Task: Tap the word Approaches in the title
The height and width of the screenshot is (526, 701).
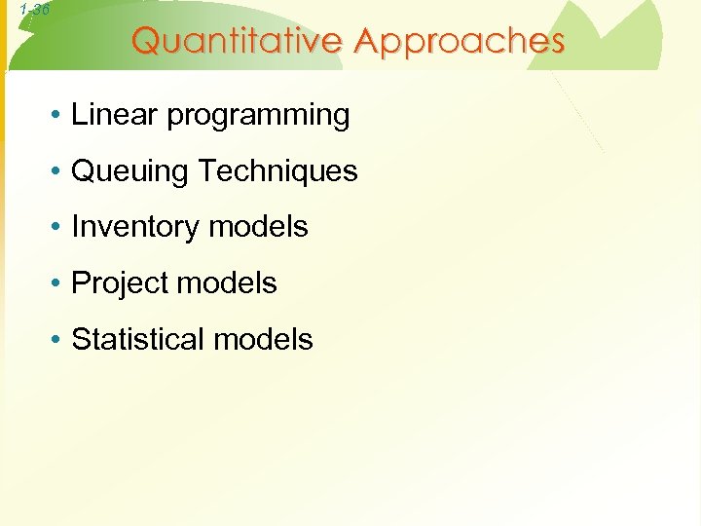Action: [460, 42]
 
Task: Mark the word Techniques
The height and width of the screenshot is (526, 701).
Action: [278, 171]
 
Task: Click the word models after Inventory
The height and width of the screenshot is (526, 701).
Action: [259, 227]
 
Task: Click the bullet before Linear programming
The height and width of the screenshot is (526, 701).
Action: [59, 116]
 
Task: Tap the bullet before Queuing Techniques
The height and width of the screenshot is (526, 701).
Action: [59, 172]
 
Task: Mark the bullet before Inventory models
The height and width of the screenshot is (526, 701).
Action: [59, 228]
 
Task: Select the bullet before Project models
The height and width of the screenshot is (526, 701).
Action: [59, 284]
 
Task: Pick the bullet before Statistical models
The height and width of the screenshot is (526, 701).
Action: [59, 341]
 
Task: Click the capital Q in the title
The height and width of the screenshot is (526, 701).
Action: [146, 42]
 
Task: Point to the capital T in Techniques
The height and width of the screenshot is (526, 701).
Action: [206, 171]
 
